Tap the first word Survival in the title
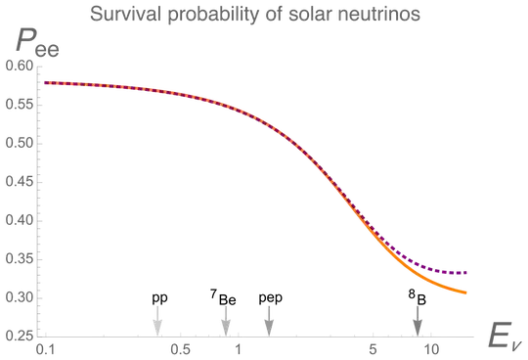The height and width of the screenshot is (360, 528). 115,16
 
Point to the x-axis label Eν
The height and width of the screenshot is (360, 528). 506,340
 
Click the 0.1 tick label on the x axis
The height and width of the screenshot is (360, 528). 41,346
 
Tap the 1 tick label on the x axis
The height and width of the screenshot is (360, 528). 238,346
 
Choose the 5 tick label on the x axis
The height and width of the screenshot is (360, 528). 373,346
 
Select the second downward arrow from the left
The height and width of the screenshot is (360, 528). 226,321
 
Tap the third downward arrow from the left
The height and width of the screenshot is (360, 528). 262,321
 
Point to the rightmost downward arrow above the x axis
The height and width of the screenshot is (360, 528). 418,321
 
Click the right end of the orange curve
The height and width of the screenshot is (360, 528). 466,292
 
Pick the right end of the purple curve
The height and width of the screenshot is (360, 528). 466,272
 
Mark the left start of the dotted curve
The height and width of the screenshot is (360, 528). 45,84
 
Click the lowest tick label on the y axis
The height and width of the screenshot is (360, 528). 19,335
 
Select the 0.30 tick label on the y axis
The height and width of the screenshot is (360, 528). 19,257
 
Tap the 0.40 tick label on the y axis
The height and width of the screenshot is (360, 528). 19,180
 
